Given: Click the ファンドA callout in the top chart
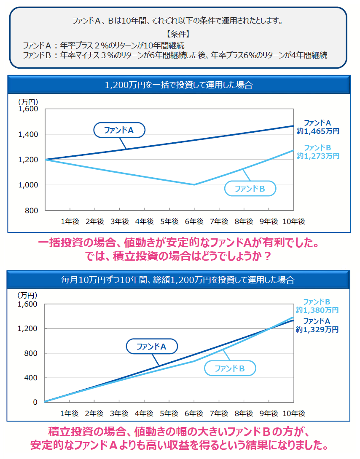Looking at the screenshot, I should point(119,130).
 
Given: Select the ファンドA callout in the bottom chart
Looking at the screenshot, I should point(152,347).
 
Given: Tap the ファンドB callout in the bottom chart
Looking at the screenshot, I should point(230,368).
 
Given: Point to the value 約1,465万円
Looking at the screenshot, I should point(318,131).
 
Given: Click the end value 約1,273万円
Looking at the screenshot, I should point(318,156).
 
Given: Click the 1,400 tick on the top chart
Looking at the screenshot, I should point(29,134).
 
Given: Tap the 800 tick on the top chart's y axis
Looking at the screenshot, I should point(32,210).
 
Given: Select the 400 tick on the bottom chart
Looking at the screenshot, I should point(32,378).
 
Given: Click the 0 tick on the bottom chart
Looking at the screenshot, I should point(35,402).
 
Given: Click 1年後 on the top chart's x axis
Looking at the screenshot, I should point(70,221).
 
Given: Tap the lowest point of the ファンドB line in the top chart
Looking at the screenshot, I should point(194,184).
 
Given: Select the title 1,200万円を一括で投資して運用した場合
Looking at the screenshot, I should point(179,85).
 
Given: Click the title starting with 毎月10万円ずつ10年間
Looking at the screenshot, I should point(179,280).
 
